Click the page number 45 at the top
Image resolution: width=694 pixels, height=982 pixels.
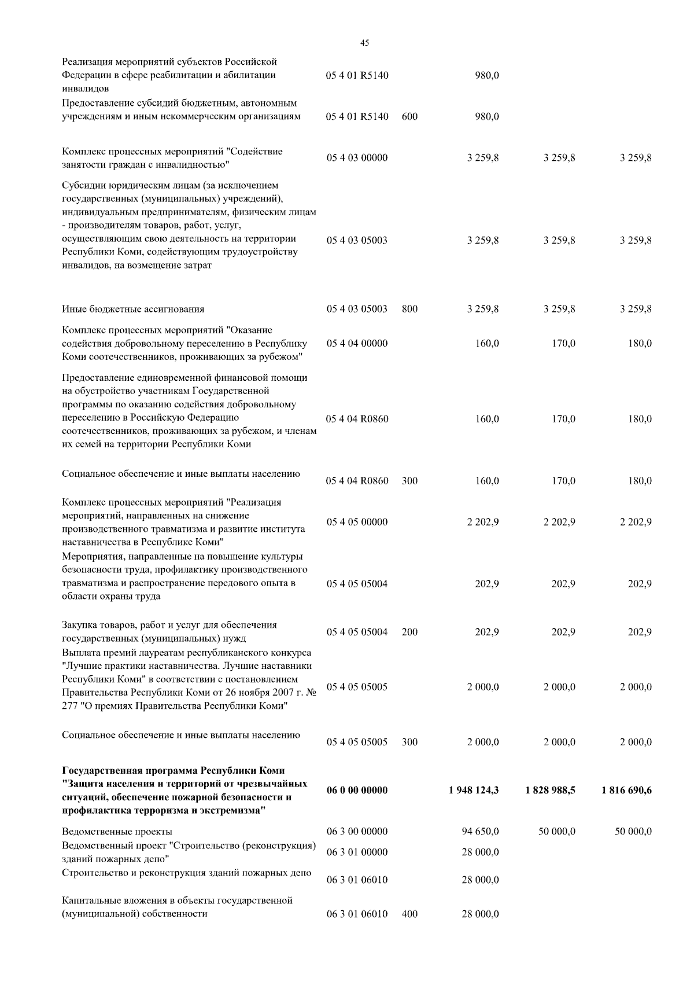tap(364, 42)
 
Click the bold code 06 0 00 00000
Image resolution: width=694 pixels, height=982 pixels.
tap(357, 790)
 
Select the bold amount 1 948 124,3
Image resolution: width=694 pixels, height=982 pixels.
tap(474, 790)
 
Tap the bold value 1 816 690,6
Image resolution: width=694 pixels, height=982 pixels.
tap(626, 790)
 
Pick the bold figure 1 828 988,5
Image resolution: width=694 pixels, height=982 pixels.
tap(550, 790)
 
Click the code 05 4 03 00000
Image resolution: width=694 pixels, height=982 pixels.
tap(357, 158)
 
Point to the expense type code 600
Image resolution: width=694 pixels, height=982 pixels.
tap(409, 116)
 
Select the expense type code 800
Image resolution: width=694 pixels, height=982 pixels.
tap(409, 309)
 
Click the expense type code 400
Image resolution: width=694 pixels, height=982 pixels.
tap(409, 914)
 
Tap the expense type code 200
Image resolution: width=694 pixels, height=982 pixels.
tap(409, 632)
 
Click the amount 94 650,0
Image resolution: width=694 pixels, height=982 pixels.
tap(480, 832)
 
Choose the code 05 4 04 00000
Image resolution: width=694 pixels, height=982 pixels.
tap(357, 343)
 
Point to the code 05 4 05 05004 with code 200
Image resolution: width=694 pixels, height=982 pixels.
tap(357, 632)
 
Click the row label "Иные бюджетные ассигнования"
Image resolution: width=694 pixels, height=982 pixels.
tap(133, 309)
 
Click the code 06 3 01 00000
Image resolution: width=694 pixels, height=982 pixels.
tap(357, 852)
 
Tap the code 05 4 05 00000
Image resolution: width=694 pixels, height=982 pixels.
tap(357, 522)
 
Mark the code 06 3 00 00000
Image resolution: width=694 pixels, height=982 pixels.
tap(357, 832)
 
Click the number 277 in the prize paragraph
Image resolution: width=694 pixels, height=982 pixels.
tap(69, 706)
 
